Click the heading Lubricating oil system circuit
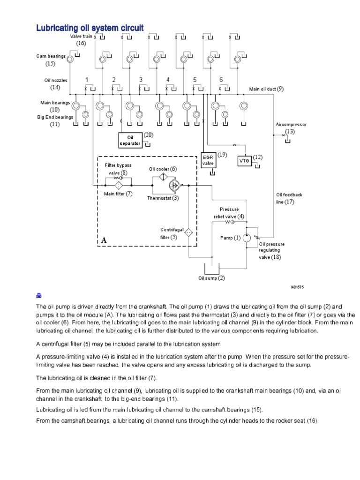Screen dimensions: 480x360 (90, 28)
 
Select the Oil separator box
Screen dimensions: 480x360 (130, 140)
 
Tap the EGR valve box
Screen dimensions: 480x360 (208, 160)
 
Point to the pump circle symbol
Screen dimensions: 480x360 (247, 238)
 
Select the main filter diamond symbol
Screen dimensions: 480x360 (119, 185)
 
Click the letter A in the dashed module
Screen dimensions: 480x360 (104, 240)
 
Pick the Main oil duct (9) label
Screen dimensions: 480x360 (266, 89)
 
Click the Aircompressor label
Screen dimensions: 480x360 (291, 125)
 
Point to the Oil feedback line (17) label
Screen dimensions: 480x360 (289, 198)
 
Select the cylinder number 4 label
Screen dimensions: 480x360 (167, 80)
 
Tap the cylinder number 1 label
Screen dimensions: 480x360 (87, 80)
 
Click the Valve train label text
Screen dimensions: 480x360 (81, 36)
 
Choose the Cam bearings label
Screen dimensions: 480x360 (51, 56)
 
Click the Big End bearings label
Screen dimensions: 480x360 (55, 117)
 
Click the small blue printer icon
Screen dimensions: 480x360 (39, 295)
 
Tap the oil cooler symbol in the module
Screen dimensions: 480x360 (162, 177)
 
